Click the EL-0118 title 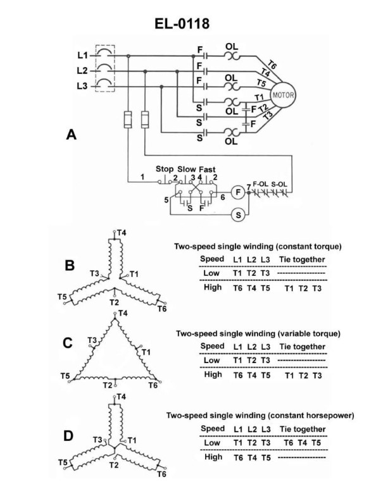pyautogui.click(x=187, y=24)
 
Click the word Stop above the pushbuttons pyautogui.click(x=165, y=169)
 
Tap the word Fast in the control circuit pyautogui.click(x=208, y=169)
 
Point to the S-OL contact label pyautogui.click(x=279, y=184)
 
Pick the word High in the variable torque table pyautogui.click(x=211, y=374)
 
